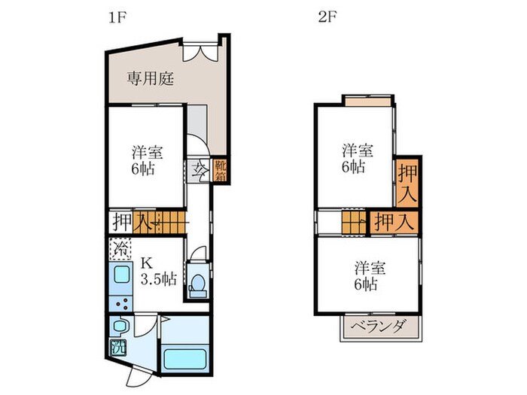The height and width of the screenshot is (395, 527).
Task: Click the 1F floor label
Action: click(117, 17)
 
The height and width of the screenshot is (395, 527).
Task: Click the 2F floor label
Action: click(327, 17)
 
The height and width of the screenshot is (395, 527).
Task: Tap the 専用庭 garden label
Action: click(151, 78)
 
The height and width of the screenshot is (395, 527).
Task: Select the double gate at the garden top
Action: click(201, 53)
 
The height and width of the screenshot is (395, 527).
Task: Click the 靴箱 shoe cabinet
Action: click(221, 170)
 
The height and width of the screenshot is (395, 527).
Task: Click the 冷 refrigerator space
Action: click(120, 249)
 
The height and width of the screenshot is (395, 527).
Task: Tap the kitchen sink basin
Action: click(121, 275)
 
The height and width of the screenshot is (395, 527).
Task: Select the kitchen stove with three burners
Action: click(121, 303)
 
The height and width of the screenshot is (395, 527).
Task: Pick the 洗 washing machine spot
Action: click(118, 348)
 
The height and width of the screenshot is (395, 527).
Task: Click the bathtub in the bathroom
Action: click(184, 359)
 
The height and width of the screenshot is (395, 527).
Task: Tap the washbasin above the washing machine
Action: click(119, 325)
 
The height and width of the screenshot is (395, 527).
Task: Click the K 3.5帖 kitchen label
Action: click(158, 271)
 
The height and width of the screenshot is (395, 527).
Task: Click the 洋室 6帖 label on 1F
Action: click(147, 160)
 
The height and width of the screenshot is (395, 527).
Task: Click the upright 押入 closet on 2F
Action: click(407, 184)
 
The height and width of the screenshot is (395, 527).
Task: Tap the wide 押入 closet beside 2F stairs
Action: click(394, 222)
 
